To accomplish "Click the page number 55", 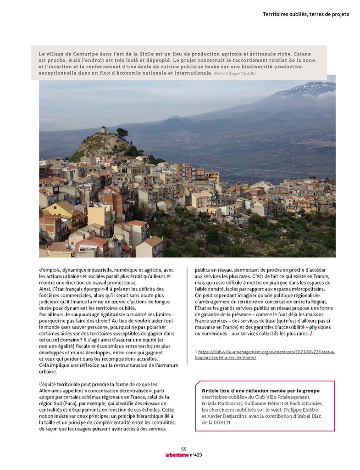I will pyautogui.click(x=183, y=449).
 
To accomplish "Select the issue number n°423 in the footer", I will pyautogui.click(x=195, y=455).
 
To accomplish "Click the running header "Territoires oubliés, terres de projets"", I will pyautogui.click(x=306, y=14).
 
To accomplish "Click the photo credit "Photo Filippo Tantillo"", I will pyautogui.click(x=235, y=73).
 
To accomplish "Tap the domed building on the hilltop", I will pyautogui.click(x=103, y=130).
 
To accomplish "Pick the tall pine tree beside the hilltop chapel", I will pyautogui.click(x=122, y=133).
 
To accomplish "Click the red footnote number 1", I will pyautogui.click(x=196, y=352).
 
